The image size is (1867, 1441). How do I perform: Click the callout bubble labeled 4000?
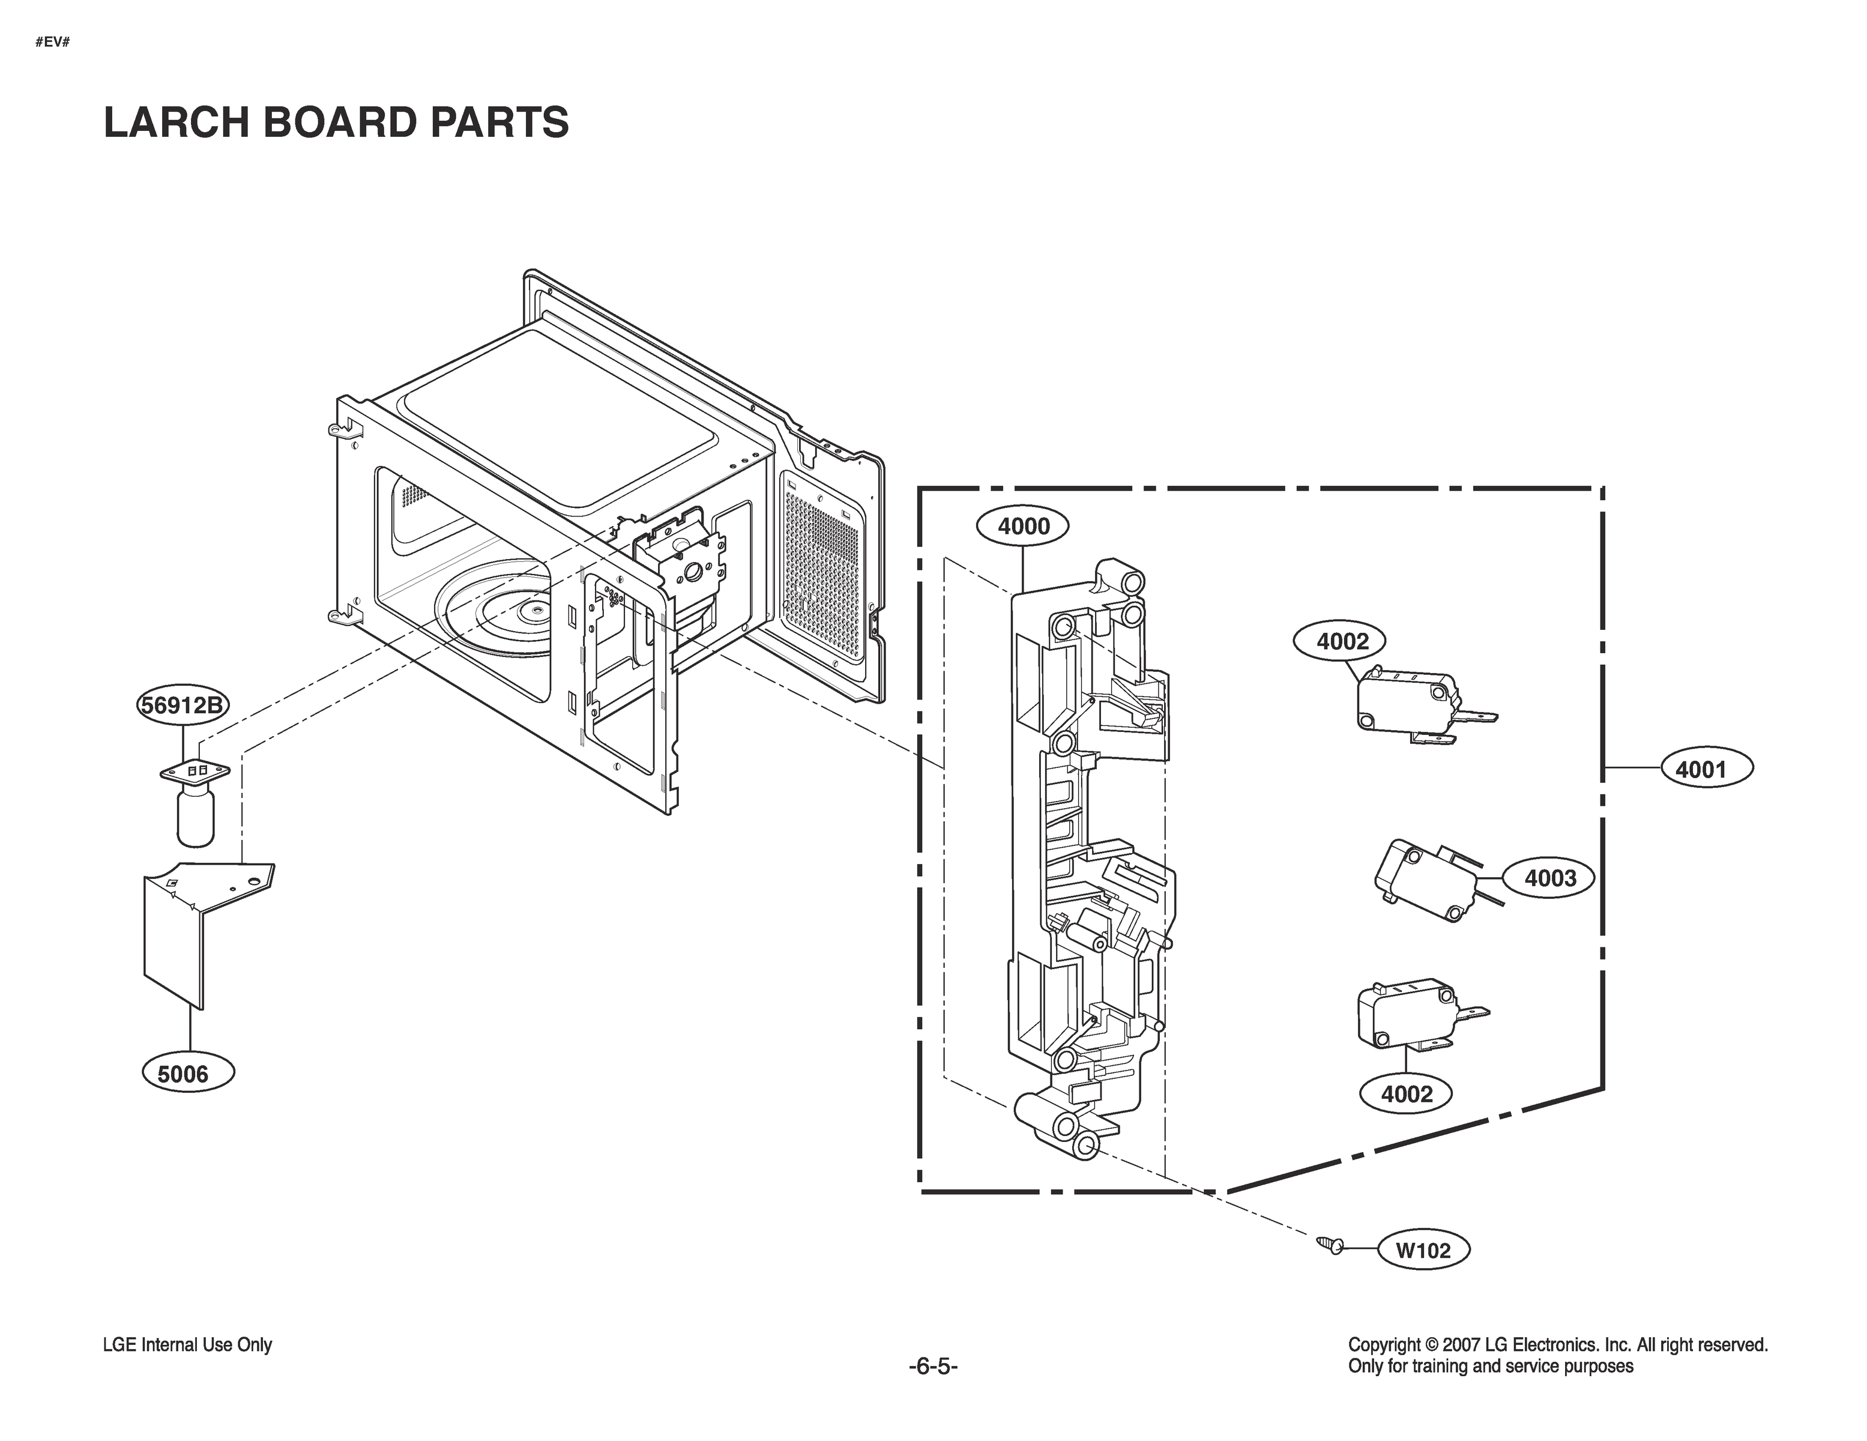coord(1024,526)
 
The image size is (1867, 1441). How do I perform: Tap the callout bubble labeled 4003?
coord(1549,878)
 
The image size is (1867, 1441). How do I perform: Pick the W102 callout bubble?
coord(1423,1250)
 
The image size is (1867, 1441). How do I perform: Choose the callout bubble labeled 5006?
coord(183,1074)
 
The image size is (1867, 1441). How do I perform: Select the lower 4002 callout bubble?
coord(1406,1094)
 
